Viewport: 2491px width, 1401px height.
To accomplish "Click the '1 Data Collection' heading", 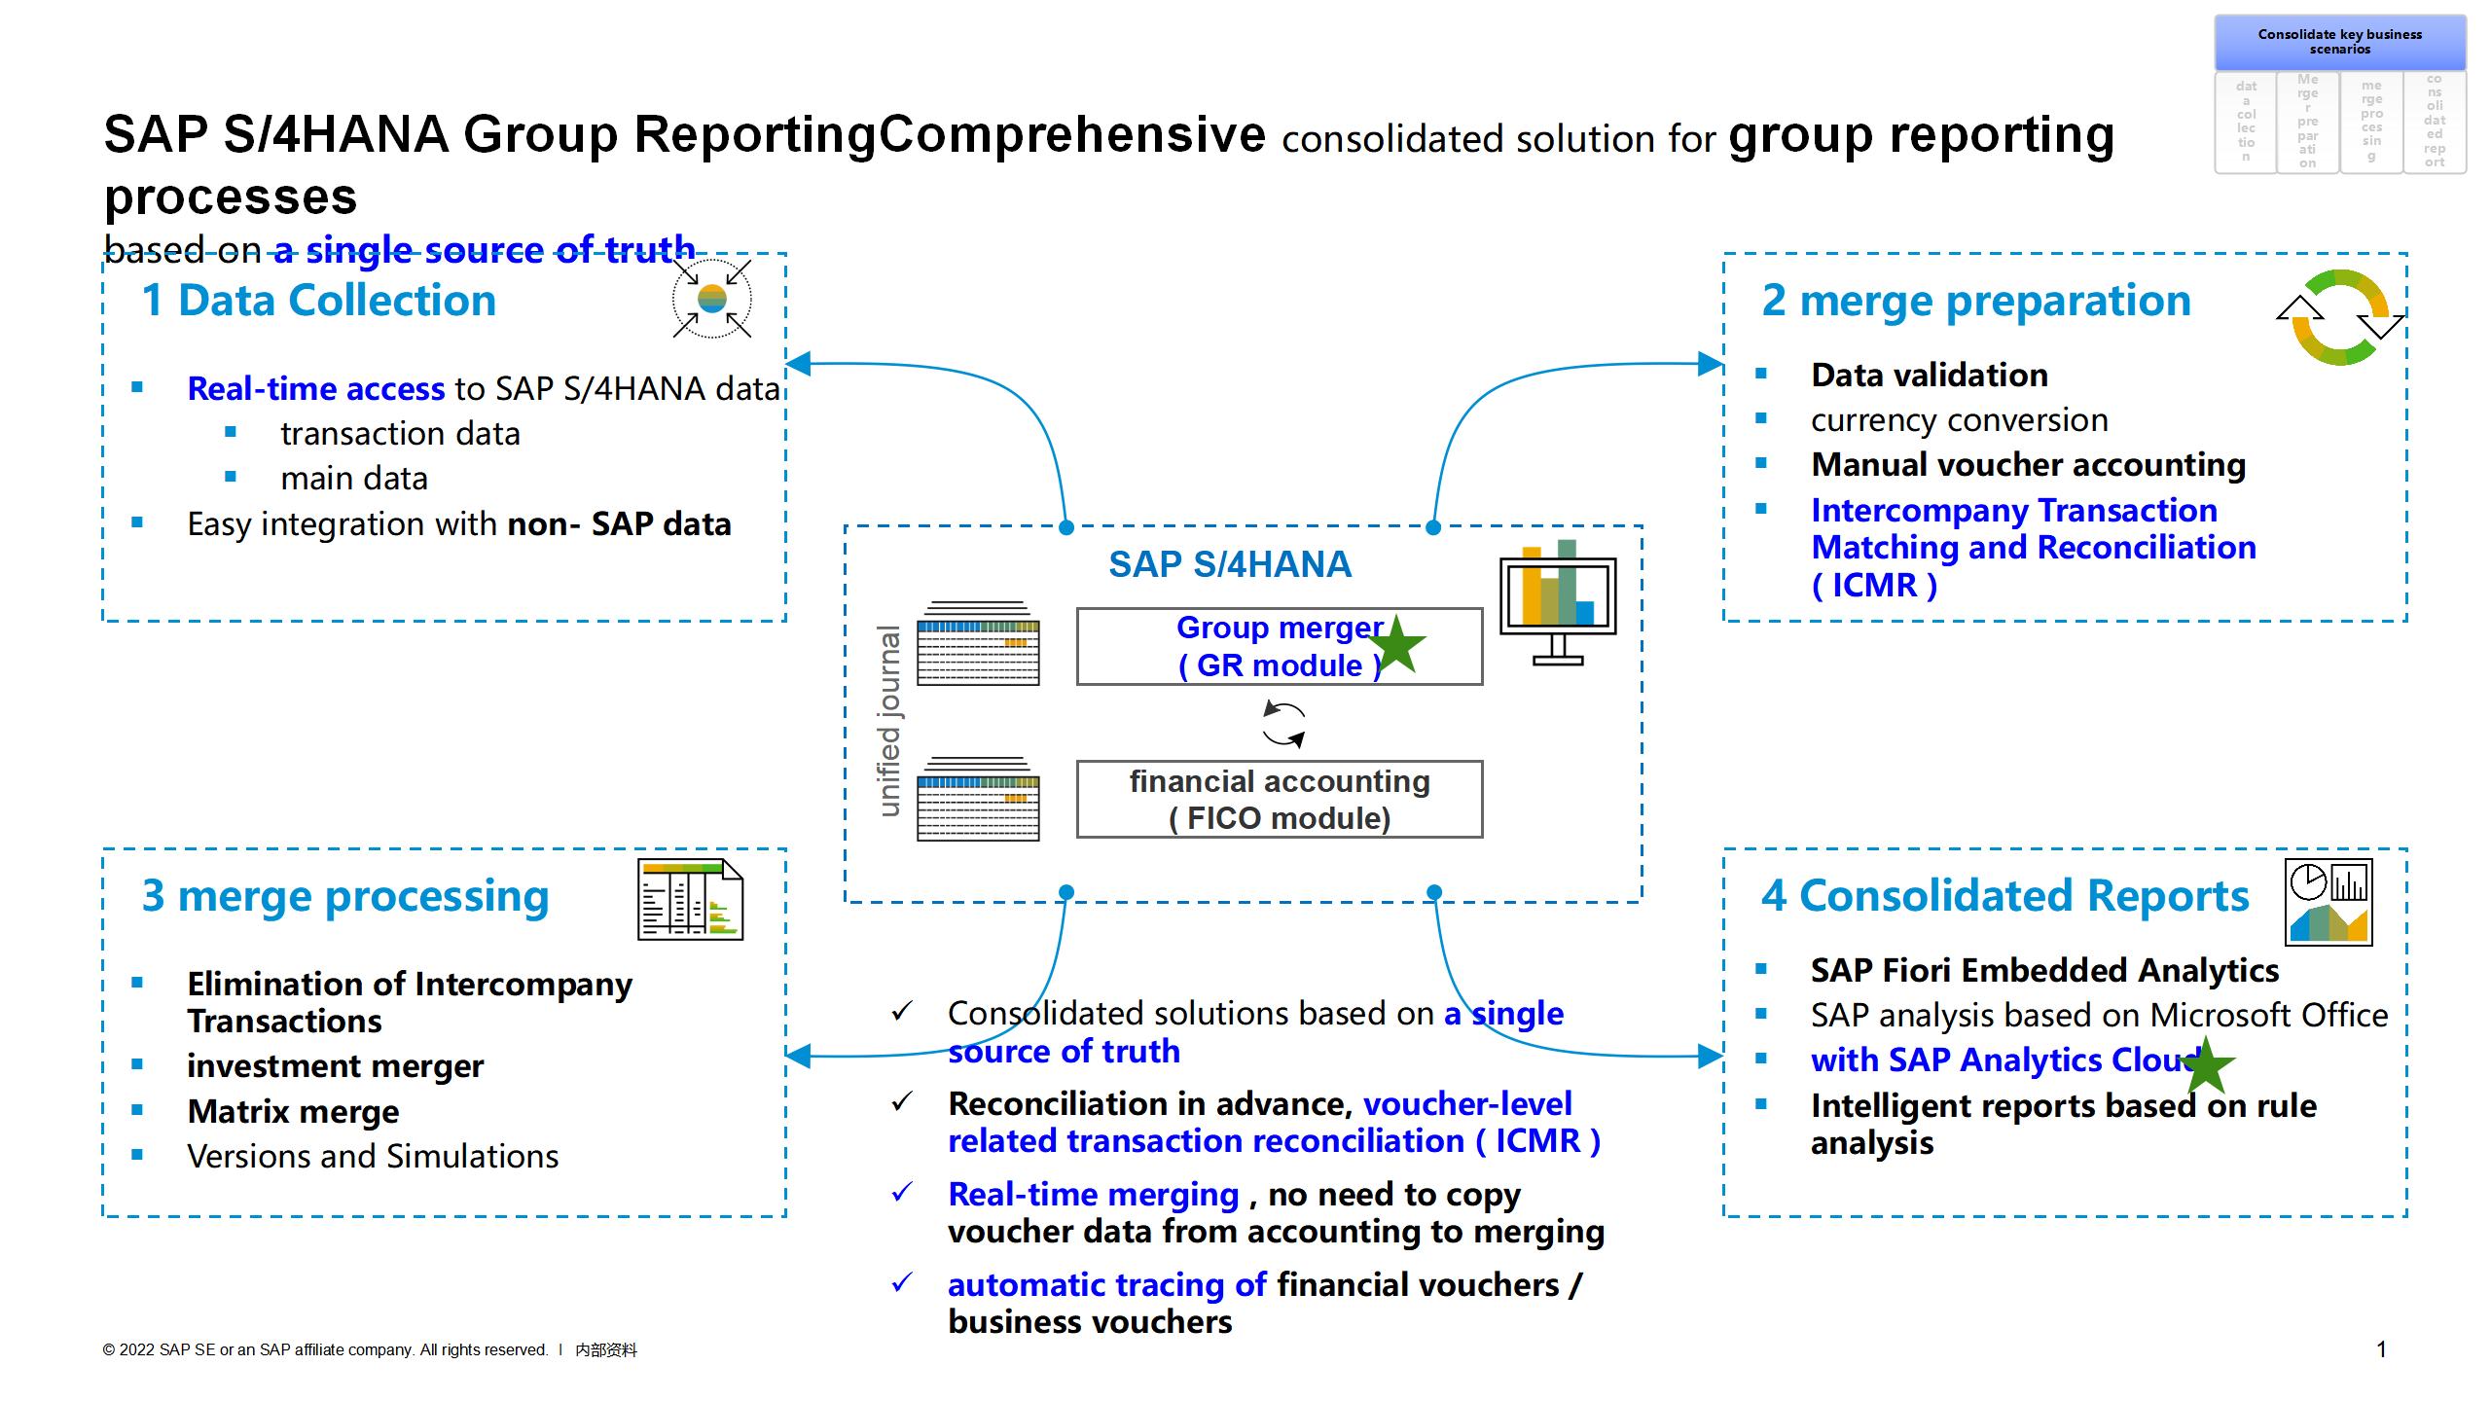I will coord(318,300).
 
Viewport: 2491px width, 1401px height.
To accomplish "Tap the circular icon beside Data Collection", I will coord(712,299).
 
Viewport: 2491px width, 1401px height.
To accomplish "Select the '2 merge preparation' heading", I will coord(1975,301).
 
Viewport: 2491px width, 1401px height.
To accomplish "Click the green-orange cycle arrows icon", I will coord(2340,318).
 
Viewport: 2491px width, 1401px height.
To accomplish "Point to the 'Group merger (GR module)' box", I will coord(1279,647).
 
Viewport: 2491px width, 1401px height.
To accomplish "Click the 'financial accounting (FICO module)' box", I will coord(1279,800).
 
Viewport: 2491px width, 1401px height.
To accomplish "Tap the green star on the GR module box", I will coord(1398,644).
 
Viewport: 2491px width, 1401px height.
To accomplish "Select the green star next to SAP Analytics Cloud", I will coord(2206,1064).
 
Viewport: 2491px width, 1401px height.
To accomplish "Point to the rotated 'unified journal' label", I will coord(889,721).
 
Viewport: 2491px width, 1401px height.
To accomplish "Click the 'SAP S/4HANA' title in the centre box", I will coord(1230,564).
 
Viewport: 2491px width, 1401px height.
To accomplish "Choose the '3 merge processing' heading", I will coord(345,896).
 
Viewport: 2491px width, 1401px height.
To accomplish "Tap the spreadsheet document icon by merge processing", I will coord(690,900).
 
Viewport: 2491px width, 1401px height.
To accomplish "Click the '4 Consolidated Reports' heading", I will coord(2004,896).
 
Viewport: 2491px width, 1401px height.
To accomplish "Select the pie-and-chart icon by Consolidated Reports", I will coord(2329,902).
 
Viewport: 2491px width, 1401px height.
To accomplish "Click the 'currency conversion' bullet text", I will coord(1959,420).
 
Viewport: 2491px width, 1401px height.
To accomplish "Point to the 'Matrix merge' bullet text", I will coord(293,1111).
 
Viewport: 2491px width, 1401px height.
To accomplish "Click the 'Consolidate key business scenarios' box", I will coord(2339,42).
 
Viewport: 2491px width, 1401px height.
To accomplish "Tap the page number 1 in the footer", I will coord(2381,1349).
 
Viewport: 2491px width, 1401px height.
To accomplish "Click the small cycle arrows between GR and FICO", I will coord(1283,724).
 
